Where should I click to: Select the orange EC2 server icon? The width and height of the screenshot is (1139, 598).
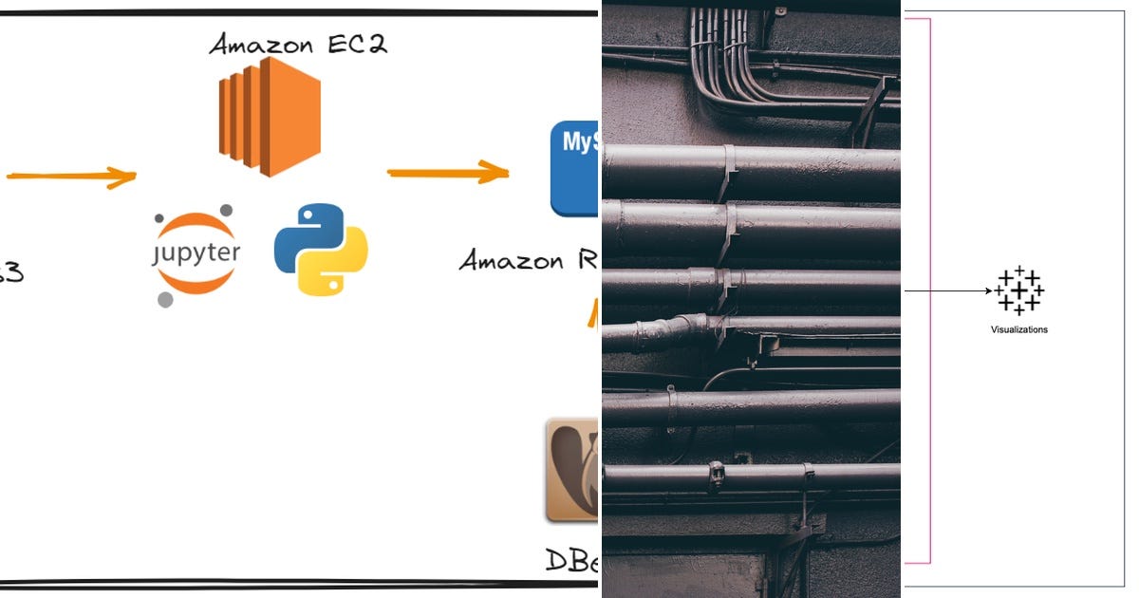[x=270, y=117]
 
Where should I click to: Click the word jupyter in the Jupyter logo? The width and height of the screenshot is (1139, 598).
[x=196, y=253]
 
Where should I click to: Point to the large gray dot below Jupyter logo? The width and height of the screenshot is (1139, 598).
[x=165, y=300]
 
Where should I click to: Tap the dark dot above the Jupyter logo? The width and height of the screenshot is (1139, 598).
[x=225, y=211]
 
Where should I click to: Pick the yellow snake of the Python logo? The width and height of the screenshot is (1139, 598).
[x=334, y=267]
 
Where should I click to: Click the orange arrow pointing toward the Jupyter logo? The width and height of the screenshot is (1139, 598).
[x=71, y=177]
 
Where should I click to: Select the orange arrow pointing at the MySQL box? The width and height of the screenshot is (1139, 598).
[x=447, y=172]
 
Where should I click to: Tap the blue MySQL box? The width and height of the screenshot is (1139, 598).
[x=575, y=167]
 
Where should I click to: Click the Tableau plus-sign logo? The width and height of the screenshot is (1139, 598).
[x=1019, y=290]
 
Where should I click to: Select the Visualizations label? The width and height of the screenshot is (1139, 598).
[x=1018, y=329]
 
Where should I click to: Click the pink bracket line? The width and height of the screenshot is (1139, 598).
[x=929, y=285]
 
